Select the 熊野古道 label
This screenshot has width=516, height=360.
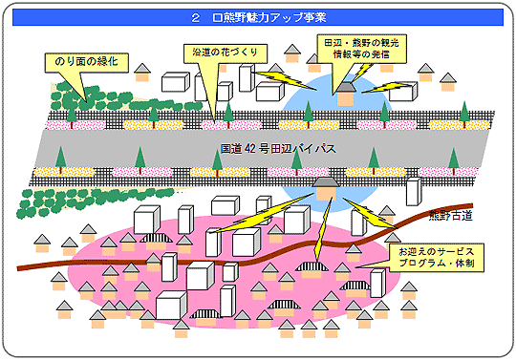[x=451, y=213]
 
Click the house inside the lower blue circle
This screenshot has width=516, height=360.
[x=326, y=188]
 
